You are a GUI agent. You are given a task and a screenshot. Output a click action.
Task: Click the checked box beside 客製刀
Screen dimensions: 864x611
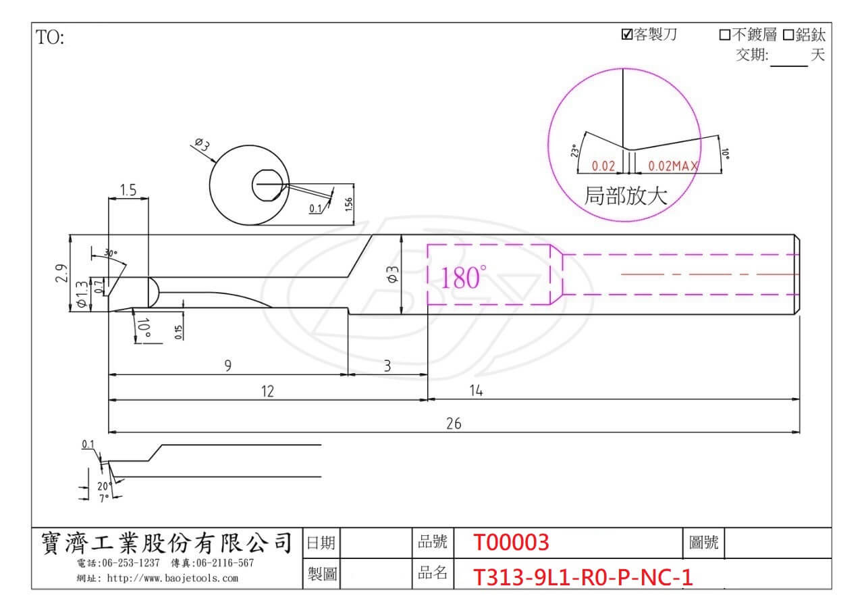click(x=627, y=34)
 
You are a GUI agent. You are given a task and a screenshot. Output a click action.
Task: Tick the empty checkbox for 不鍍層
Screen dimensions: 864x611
click(x=725, y=35)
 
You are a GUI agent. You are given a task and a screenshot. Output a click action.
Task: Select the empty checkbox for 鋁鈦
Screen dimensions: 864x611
click(x=788, y=35)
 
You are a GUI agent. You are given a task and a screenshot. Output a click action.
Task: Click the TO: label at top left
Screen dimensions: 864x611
click(x=50, y=37)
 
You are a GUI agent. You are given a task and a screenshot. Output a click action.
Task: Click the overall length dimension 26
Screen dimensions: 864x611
click(x=454, y=424)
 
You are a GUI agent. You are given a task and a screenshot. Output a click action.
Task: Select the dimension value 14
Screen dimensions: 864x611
click(x=476, y=391)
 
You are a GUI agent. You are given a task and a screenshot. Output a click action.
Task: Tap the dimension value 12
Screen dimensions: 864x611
click(x=267, y=391)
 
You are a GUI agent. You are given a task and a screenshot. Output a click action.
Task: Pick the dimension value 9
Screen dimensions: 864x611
click(x=228, y=366)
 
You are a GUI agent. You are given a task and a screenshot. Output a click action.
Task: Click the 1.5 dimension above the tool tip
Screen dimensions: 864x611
click(x=128, y=190)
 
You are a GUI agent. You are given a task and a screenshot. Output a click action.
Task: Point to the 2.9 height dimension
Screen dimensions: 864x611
click(x=61, y=273)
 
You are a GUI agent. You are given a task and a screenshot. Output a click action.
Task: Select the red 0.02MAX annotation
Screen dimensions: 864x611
click(x=673, y=166)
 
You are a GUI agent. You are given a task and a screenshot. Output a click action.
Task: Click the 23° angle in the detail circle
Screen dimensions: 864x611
click(x=574, y=150)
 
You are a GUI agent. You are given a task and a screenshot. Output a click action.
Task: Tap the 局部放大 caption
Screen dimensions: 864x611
click(x=626, y=196)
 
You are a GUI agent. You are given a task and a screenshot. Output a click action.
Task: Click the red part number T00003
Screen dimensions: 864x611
click(x=511, y=542)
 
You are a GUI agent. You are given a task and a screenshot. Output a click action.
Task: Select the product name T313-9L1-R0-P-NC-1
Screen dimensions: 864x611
click(x=583, y=577)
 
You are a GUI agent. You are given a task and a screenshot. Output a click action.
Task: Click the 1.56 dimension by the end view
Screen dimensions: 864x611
click(x=349, y=204)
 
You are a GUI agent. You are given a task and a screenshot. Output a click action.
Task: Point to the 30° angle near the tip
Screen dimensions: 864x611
click(x=111, y=253)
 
